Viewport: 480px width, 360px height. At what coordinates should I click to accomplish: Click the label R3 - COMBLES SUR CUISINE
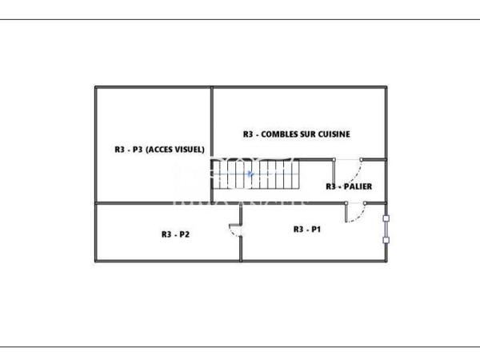click(x=296, y=134)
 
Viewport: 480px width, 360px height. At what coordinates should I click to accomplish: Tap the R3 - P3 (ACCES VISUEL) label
click(x=160, y=149)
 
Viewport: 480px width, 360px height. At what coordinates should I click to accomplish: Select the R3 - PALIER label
click(x=349, y=186)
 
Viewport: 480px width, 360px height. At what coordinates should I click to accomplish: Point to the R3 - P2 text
click(x=175, y=234)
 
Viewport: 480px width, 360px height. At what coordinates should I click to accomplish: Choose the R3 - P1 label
click(x=306, y=229)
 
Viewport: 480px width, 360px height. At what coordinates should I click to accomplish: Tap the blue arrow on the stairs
click(x=250, y=173)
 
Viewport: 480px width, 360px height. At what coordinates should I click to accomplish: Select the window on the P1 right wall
click(x=386, y=228)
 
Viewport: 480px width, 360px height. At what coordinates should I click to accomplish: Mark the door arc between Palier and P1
click(x=357, y=213)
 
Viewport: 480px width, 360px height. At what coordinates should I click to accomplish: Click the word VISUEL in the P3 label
click(x=189, y=149)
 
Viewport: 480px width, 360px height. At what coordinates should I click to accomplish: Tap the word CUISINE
click(x=334, y=134)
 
